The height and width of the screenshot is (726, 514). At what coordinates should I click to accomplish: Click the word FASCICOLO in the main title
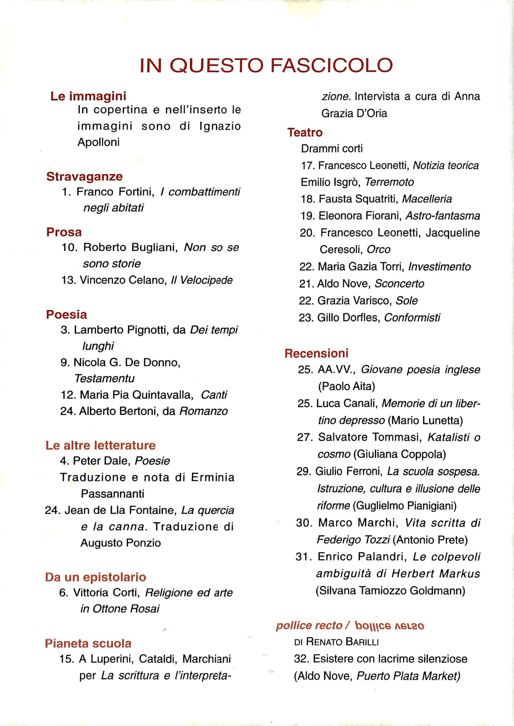click(x=331, y=65)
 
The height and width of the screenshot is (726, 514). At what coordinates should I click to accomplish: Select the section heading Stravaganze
click(x=84, y=176)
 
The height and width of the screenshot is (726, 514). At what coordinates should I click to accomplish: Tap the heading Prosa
click(x=64, y=232)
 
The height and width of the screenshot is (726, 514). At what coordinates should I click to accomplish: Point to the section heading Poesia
click(x=67, y=314)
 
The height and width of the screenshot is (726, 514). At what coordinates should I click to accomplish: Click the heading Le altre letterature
click(x=100, y=445)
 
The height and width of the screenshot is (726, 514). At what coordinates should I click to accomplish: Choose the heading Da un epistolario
click(x=96, y=577)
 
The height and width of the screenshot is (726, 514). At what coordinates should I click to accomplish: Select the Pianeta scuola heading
click(x=88, y=643)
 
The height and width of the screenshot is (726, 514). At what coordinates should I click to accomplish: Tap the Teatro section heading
click(x=305, y=132)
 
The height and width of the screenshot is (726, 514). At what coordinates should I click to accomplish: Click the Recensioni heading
click(x=316, y=353)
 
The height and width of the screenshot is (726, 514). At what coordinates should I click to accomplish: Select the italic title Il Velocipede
click(x=202, y=280)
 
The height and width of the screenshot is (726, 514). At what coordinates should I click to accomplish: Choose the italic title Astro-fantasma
click(x=442, y=216)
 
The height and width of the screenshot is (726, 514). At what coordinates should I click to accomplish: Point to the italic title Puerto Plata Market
click(x=408, y=676)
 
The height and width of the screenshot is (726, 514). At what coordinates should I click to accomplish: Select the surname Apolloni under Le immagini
click(x=98, y=142)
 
